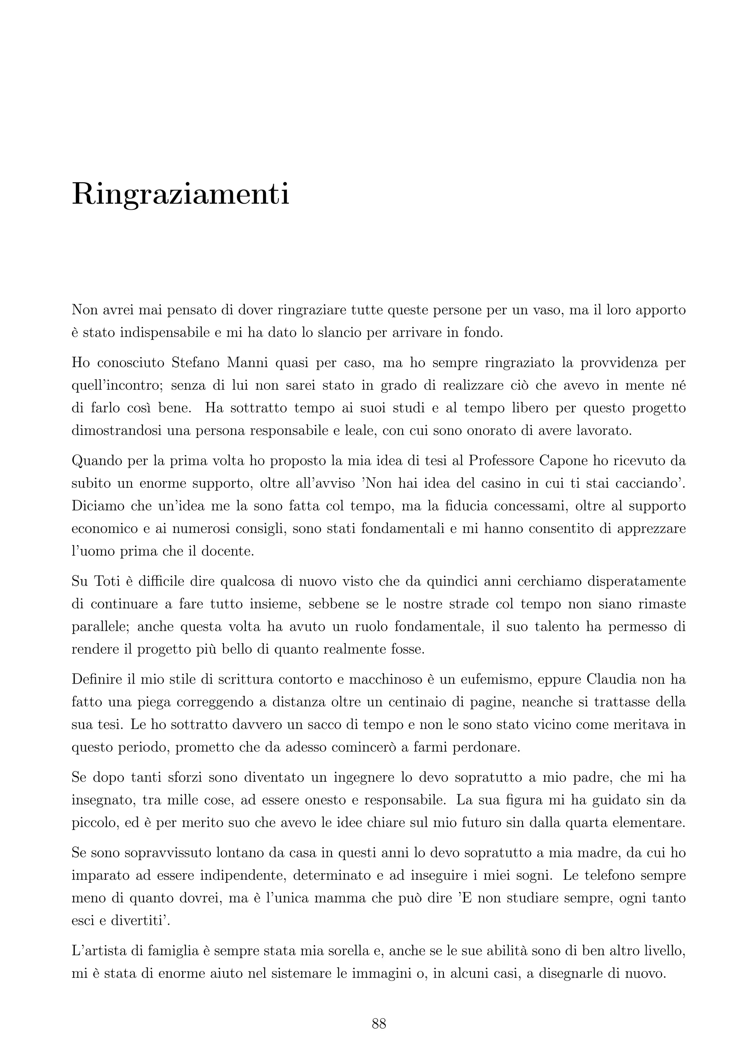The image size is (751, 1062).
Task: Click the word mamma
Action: (x=338, y=898)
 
